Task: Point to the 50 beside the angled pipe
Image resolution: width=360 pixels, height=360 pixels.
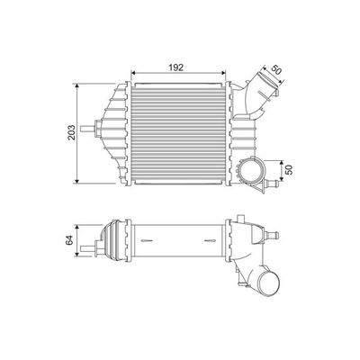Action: point(274,68)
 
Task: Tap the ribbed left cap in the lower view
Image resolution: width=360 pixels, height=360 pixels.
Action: point(115,245)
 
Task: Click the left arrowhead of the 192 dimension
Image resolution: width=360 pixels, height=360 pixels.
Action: point(134,75)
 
